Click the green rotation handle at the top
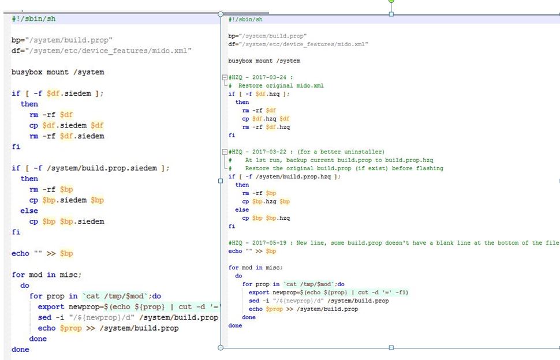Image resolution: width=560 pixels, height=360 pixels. [391, 1]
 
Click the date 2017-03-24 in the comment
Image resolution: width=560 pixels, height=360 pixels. [269, 77]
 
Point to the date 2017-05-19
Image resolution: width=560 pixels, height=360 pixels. [269, 243]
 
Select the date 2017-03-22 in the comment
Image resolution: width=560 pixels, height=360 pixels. [269, 152]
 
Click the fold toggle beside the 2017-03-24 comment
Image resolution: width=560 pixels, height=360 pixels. [224, 77]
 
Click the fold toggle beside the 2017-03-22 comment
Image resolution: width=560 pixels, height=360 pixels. [224, 152]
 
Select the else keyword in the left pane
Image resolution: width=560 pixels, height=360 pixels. [29, 211]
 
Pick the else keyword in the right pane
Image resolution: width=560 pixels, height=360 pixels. [242, 210]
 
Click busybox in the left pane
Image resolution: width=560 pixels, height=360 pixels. [27, 72]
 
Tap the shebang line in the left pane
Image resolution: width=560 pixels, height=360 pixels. [33, 19]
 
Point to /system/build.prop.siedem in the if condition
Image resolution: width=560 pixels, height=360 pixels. [102, 168]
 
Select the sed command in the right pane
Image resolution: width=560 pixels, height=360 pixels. [254, 301]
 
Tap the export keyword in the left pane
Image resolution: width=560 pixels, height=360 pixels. [51, 307]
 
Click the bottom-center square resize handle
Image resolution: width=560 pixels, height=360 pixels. [391, 347]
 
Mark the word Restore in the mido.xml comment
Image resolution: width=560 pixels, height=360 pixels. [251, 85]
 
